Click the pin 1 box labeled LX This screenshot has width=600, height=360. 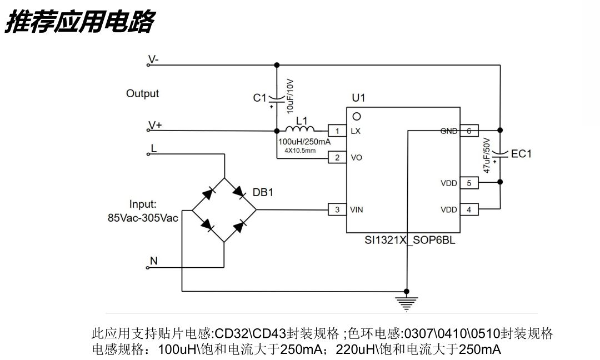(x=337, y=131)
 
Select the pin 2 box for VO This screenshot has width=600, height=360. (x=337, y=158)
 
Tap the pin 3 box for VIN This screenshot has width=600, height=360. (x=337, y=210)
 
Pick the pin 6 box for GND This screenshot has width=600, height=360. (x=469, y=131)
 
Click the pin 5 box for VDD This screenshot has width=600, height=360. (x=469, y=183)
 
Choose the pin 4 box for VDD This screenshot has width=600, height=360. (x=469, y=210)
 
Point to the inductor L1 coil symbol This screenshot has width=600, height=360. (x=300, y=129)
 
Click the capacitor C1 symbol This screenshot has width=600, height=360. (x=277, y=99)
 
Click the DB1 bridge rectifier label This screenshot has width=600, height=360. (x=263, y=193)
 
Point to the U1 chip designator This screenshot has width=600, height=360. (x=358, y=98)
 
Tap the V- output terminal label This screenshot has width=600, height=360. (x=153, y=59)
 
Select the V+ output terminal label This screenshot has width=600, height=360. (x=155, y=126)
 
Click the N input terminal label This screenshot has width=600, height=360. (x=154, y=261)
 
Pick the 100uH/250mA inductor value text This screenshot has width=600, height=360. (x=304, y=142)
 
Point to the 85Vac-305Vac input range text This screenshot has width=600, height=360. (x=143, y=218)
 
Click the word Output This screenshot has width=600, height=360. (x=142, y=94)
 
